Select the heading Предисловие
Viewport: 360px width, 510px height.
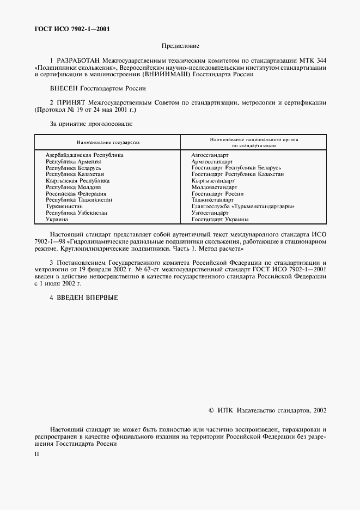coord(180,46)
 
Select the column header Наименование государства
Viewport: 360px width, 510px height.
coord(108,142)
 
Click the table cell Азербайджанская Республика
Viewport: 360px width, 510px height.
coord(84,155)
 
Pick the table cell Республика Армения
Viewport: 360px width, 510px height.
coord(74,162)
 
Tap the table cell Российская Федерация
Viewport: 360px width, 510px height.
coord(76,193)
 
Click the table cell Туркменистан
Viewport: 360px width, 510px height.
coord(66,207)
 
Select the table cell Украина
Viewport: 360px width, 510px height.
coord(57,219)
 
